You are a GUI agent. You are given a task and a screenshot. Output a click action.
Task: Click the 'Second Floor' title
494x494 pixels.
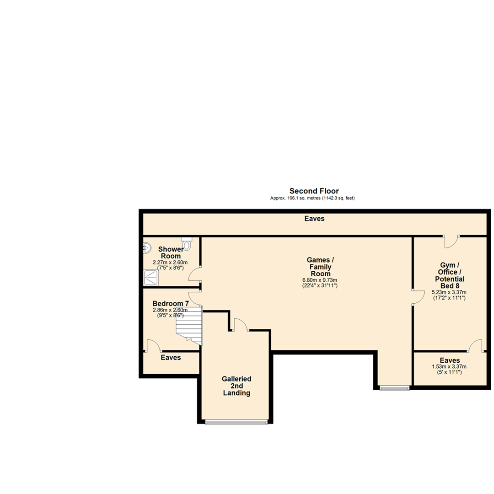(x=314, y=191)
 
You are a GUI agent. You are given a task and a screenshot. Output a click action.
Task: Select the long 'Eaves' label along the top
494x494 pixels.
(x=314, y=219)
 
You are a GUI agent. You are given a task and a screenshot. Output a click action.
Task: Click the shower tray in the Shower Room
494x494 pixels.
(x=151, y=277)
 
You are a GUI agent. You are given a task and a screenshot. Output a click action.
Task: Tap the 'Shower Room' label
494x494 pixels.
(x=171, y=252)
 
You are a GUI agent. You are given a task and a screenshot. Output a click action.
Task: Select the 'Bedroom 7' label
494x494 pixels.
(x=170, y=304)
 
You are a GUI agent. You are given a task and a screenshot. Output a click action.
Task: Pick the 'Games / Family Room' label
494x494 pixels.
(x=319, y=267)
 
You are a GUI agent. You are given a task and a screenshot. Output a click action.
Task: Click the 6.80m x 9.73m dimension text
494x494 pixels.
(x=319, y=280)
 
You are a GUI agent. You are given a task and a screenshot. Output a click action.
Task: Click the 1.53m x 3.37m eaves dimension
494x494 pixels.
(x=449, y=366)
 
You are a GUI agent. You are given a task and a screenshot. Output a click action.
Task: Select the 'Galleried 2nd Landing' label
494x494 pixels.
(x=236, y=386)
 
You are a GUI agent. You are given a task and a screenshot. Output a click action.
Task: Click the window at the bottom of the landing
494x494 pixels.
(x=236, y=422)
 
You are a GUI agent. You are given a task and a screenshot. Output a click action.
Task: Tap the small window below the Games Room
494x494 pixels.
(x=394, y=388)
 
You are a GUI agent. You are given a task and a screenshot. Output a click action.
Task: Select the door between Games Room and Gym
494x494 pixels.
(x=417, y=297)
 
